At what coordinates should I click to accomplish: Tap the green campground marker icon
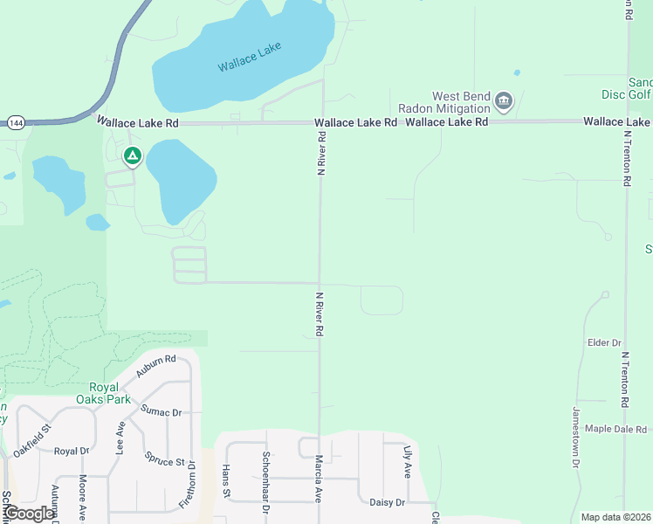click(x=132, y=156)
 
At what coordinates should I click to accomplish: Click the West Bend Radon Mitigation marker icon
click(x=504, y=101)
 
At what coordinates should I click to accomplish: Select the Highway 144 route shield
click(x=16, y=123)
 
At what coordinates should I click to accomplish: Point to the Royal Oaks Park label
click(x=110, y=393)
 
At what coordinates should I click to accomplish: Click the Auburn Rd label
click(x=156, y=365)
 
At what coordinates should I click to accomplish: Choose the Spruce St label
click(x=165, y=456)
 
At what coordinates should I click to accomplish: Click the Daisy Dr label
click(x=388, y=502)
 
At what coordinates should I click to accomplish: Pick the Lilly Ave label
click(x=407, y=462)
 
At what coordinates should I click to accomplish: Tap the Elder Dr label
click(x=604, y=343)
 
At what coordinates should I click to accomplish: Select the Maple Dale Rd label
click(x=615, y=429)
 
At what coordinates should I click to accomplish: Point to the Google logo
click(x=28, y=514)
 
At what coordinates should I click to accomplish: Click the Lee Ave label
click(x=120, y=437)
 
